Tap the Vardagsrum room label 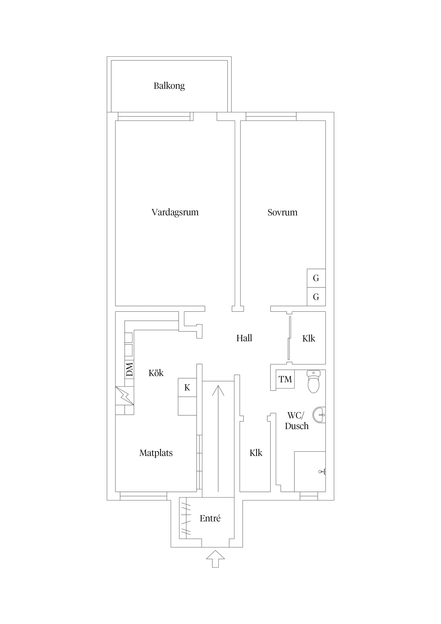pos(175,212)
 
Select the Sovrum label pos(282,212)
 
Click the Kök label pos(156,373)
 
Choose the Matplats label pos(156,453)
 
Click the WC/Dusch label pos(296,421)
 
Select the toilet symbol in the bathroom pos(314,381)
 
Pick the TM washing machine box pos(285,379)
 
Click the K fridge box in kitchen pos(187,387)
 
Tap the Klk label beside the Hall pos(309,338)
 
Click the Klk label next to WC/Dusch pos(256,453)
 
